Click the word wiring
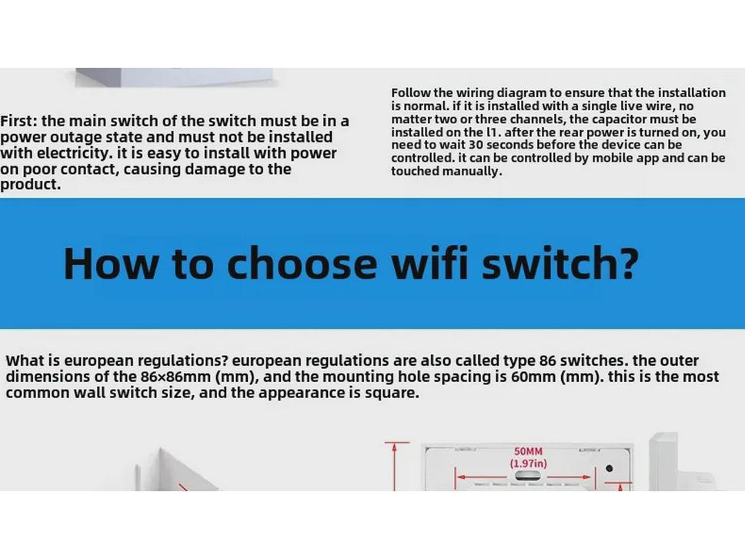tap(483, 93)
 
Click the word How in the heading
tap(112, 263)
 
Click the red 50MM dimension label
tap(528, 451)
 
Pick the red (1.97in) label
tap(528, 464)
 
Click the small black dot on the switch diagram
tap(609, 468)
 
